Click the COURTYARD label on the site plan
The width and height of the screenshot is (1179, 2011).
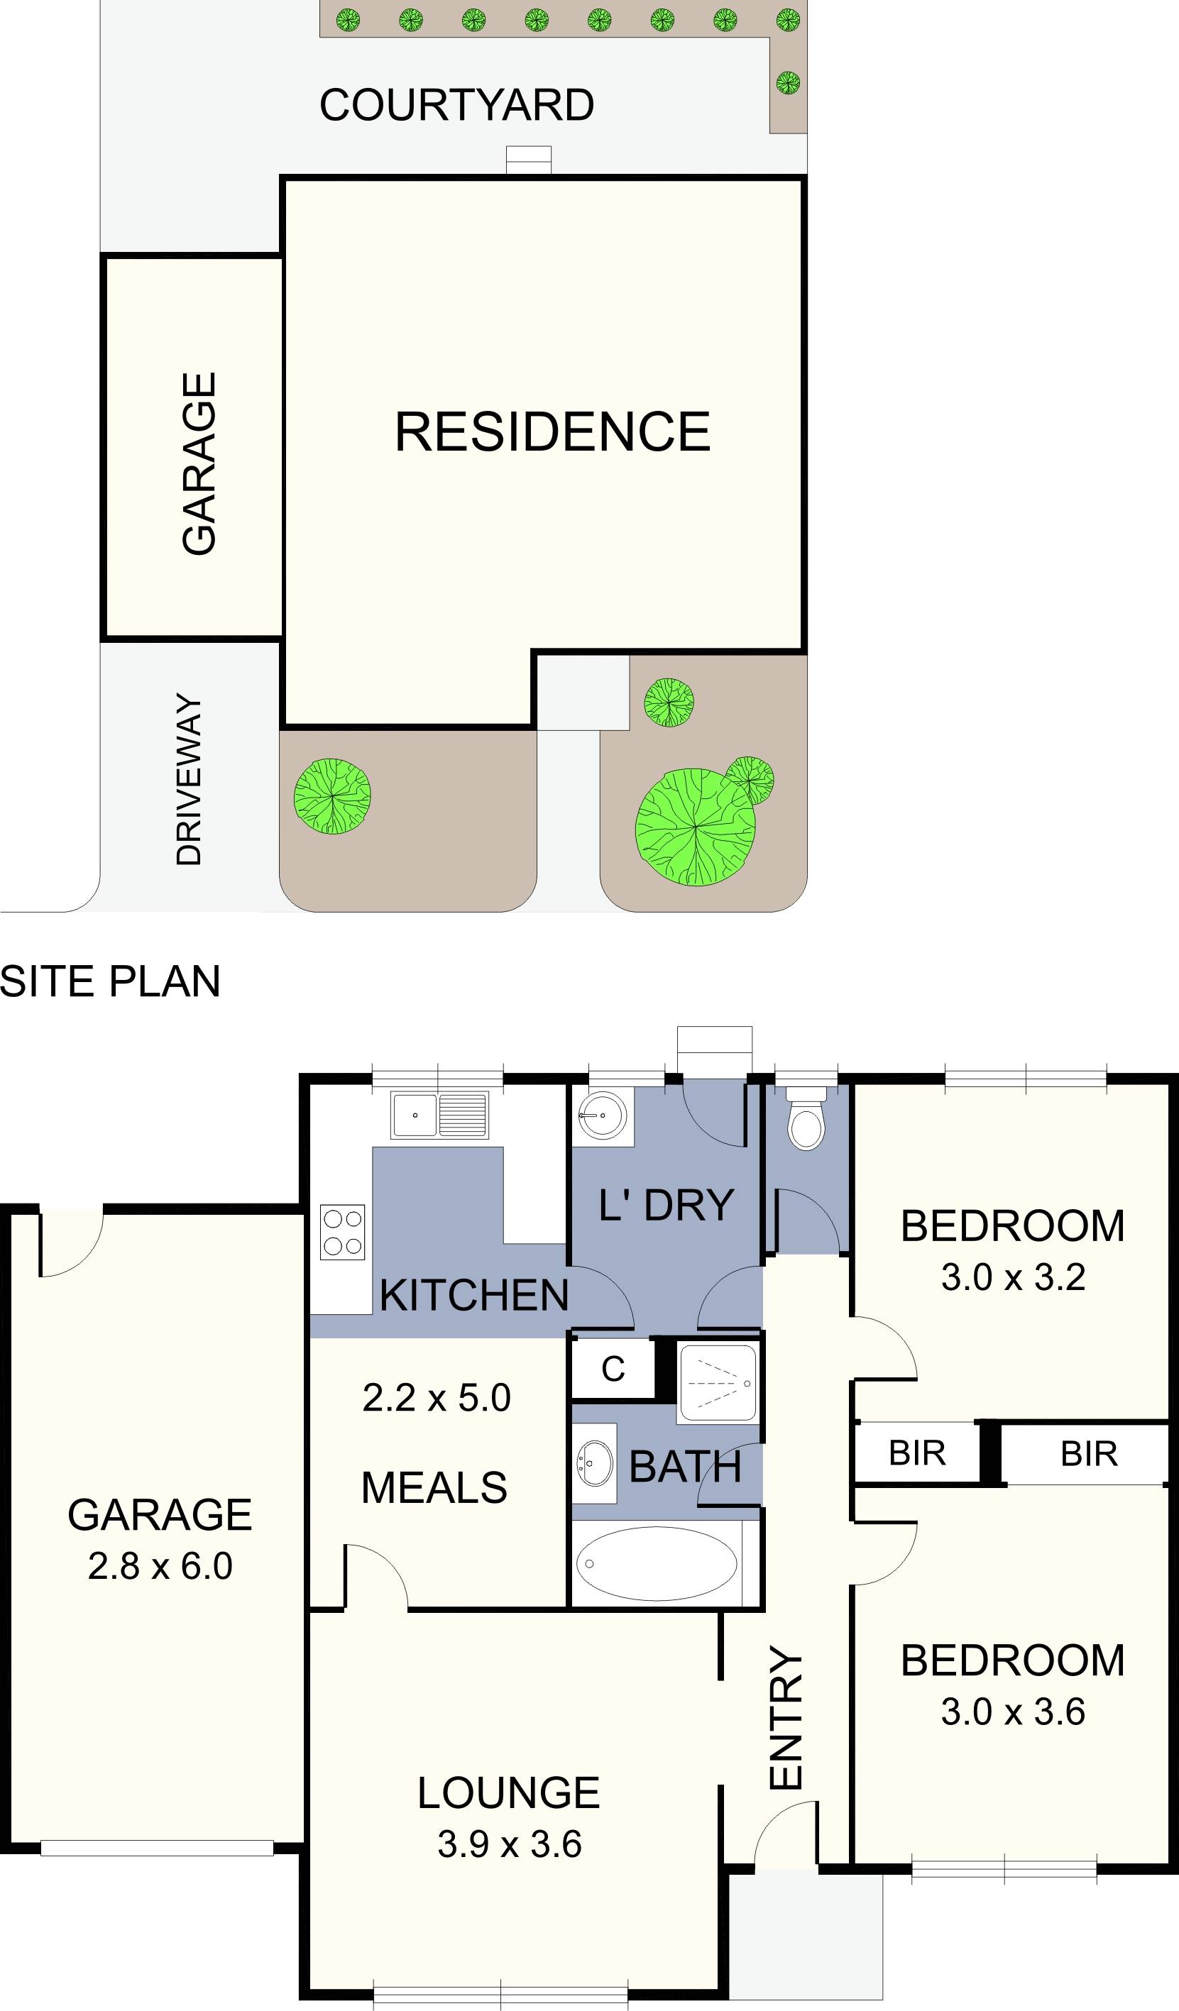pyautogui.click(x=456, y=105)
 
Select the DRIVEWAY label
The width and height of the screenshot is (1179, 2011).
pyautogui.click(x=190, y=779)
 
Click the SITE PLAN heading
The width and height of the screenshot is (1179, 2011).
pyautogui.click(x=110, y=981)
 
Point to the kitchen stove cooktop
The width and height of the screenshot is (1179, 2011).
pyautogui.click(x=342, y=1232)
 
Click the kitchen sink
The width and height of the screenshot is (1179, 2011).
pyautogui.click(x=439, y=1115)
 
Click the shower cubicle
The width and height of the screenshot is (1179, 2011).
pyautogui.click(x=717, y=1383)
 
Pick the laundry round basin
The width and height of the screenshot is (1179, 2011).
pyautogui.click(x=603, y=1115)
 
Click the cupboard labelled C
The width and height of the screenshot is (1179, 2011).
pyautogui.click(x=613, y=1370)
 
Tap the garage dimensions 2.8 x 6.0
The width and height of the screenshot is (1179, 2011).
pyautogui.click(x=160, y=1567)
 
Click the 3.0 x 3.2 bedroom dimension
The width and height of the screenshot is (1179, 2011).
pyautogui.click(x=1012, y=1277)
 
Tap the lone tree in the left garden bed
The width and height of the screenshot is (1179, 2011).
pyautogui.click(x=332, y=795)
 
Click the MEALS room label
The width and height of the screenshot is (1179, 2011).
pyautogui.click(x=434, y=1488)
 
